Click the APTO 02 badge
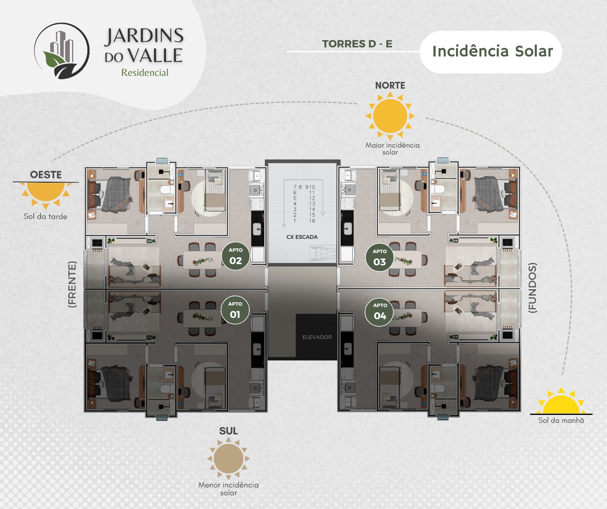236,256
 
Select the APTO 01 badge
235,310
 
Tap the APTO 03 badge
380,257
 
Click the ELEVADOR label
317,337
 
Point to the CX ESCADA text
302,237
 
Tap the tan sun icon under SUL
228,459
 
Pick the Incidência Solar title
492,51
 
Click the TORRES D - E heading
357,44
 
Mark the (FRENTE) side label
72,284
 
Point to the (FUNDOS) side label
533,288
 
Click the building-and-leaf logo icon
62,51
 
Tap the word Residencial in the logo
145,72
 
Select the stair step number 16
312,221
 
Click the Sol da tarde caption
46,216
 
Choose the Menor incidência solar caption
228,489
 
